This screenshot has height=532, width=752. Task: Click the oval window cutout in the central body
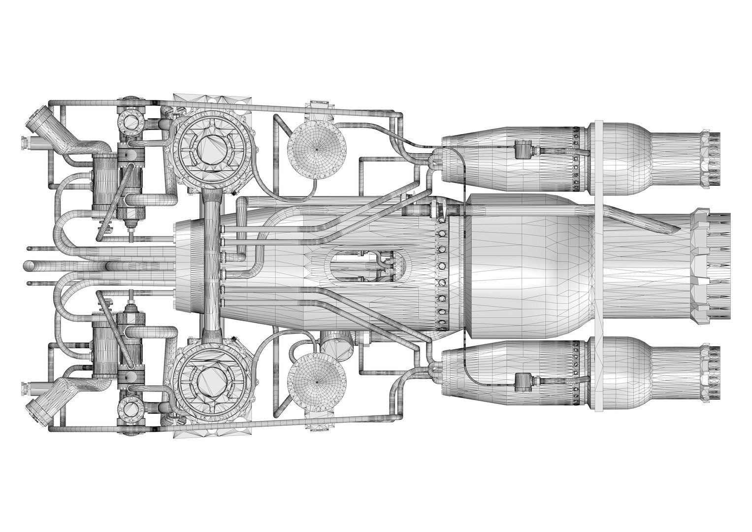click(x=369, y=266)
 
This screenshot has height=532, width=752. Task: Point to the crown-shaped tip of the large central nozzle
click(x=712, y=266)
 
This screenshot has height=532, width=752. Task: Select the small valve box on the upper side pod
click(x=523, y=149)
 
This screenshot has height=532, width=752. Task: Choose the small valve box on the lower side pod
click(x=523, y=382)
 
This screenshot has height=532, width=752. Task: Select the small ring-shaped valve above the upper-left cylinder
click(x=131, y=120)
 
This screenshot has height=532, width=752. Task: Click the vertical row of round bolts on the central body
click(x=441, y=266)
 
